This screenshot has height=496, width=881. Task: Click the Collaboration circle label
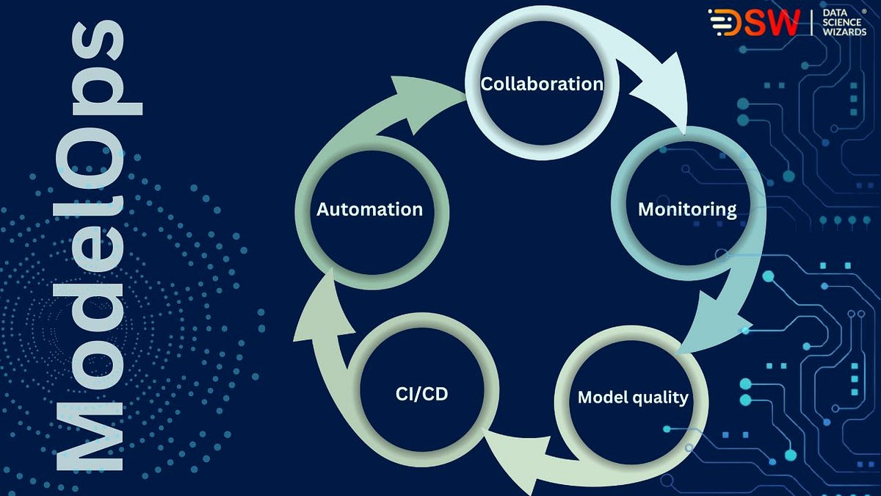(x=541, y=84)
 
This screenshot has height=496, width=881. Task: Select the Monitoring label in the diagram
(x=686, y=209)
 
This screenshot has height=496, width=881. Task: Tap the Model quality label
(x=632, y=398)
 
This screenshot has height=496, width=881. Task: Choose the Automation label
(x=369, y=209)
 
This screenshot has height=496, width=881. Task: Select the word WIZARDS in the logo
(x=845, y=32)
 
